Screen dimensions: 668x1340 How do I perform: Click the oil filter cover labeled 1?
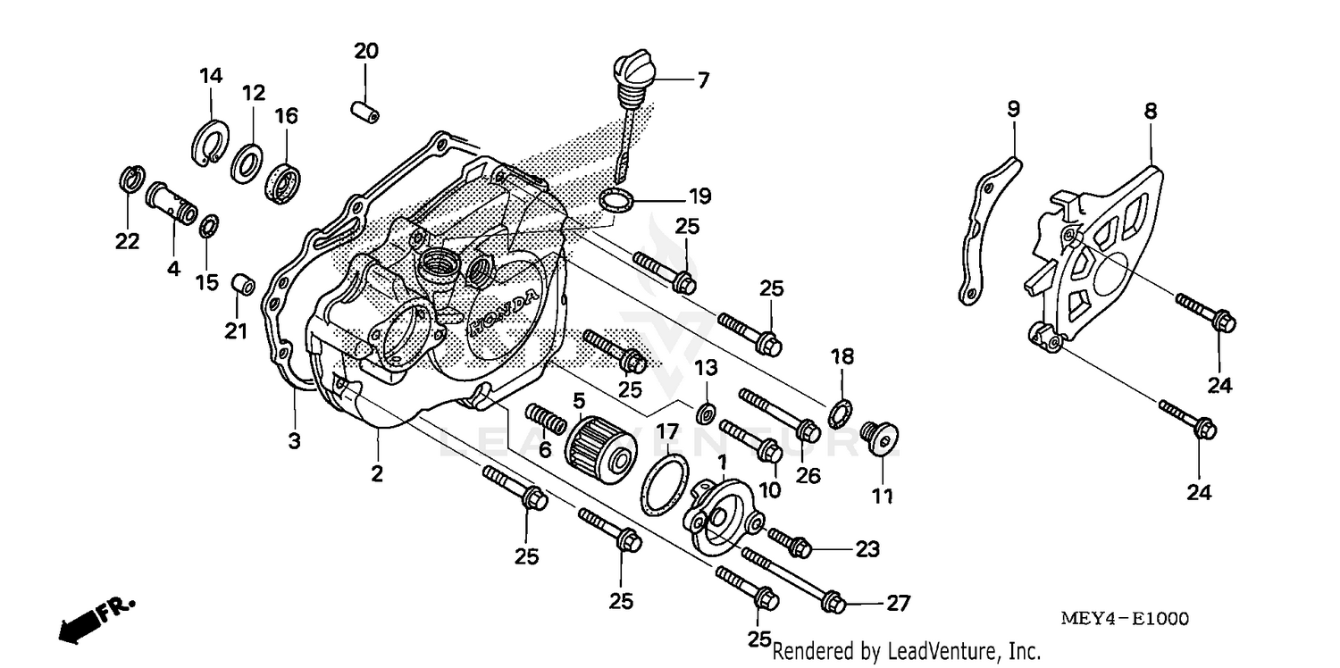721,516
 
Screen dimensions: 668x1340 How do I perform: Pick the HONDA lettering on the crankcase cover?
504,313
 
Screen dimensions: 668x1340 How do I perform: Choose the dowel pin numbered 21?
243,286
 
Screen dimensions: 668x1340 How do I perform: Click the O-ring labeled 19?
615,202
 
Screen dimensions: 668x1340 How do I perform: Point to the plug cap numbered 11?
879,440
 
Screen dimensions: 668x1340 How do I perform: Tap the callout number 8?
1150,113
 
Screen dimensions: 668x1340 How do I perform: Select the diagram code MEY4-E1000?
1124,619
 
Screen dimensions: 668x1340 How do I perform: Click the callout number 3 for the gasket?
294,441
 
